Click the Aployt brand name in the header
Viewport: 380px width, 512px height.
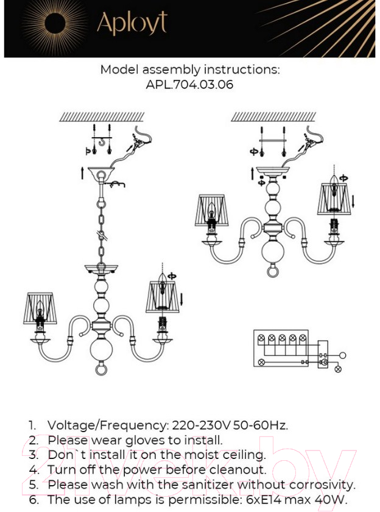point(132,23)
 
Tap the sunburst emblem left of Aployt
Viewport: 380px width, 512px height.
point(54,24)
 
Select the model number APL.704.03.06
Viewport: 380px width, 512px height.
point(189,85)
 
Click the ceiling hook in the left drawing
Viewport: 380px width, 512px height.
point(102,142)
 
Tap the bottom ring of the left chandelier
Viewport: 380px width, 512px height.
point(101,369)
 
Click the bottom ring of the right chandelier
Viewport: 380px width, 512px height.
point(273,271)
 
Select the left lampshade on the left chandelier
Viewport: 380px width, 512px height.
point(40,308)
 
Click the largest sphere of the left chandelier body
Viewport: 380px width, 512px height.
point(101,350)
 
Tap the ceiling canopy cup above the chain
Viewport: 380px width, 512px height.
point(101,172)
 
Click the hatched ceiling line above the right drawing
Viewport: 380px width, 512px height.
point(273,117)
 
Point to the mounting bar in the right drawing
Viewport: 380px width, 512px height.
point(273,140)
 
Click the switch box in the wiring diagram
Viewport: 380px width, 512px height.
point(323,355)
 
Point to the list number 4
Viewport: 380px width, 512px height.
point(33,470)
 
